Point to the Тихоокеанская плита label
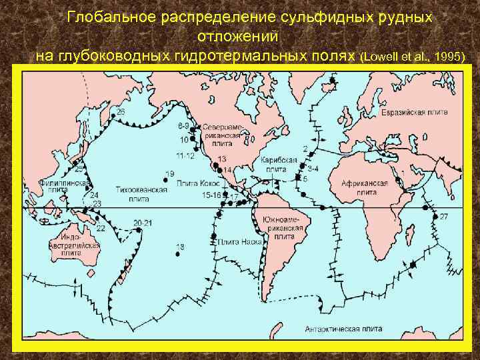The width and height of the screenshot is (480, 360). point(133,193)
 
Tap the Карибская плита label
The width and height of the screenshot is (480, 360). point(275,165)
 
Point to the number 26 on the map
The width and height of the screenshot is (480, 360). point(121,111)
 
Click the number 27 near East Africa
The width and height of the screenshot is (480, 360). point(443,217)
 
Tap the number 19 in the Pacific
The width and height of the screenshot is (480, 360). point(169,174)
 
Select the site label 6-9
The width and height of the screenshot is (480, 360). point(184,125)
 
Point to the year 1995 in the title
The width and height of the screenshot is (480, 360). point(447,57)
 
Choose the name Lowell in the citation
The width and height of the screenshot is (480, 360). point(383,57)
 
